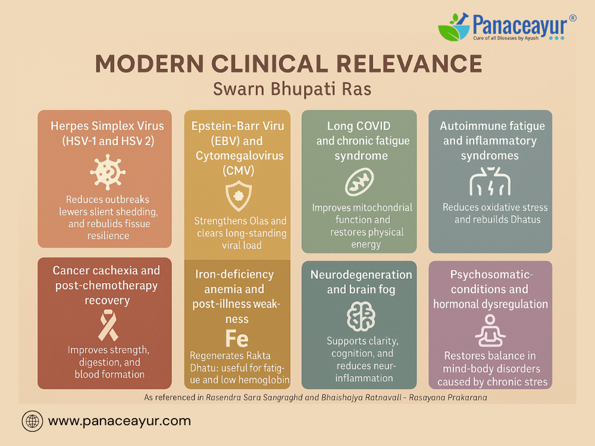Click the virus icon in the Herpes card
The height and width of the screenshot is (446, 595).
(x=108, y=172)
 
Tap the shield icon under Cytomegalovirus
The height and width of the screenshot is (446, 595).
(x=239, y=196)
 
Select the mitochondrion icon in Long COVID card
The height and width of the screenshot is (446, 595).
(x=359, y=183)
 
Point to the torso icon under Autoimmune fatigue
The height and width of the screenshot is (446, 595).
(x=490, y=181)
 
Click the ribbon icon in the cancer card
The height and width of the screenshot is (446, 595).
(x=108, y=325)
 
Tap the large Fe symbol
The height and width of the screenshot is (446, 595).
(x=237, y=338)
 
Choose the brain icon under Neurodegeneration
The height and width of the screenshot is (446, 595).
(x=361, y=316)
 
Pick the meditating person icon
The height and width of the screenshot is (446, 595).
(x=490, y=331)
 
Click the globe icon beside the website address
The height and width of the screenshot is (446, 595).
(x=32, y=421)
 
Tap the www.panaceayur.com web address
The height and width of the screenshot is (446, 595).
(x=120, y=421)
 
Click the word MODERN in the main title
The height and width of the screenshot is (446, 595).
(x=149, y=64)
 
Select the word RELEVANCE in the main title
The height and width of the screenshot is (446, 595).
(x=409, y=64)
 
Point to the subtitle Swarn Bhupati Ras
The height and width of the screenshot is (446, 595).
(x=292, y=89)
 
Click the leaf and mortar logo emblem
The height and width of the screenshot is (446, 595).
(x=454, y=27)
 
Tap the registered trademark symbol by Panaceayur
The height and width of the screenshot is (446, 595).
(x=572, y=18)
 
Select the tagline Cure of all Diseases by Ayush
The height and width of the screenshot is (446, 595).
(x=506, y=38)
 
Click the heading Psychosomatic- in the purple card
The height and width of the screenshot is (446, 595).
(x=491, y=275)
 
